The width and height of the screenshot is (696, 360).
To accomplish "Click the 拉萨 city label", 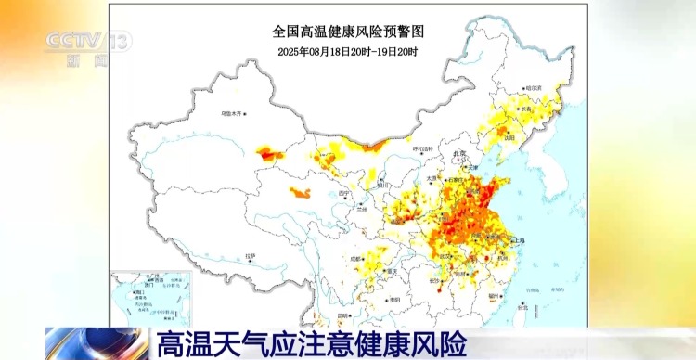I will tap(250, 255).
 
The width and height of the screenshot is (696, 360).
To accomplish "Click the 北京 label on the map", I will tap(458, 153).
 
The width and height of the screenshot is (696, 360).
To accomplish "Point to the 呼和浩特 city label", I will tap(422, 148).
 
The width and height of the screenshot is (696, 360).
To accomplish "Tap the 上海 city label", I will tap(516, 240).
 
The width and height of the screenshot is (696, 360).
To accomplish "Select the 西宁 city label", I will tap(346, 193).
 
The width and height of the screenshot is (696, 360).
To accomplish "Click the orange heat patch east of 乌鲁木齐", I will tap(271, 153).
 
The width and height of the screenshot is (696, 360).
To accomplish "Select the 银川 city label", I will tap(381, 183).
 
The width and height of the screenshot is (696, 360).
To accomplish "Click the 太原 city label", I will tap(432, 178).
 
